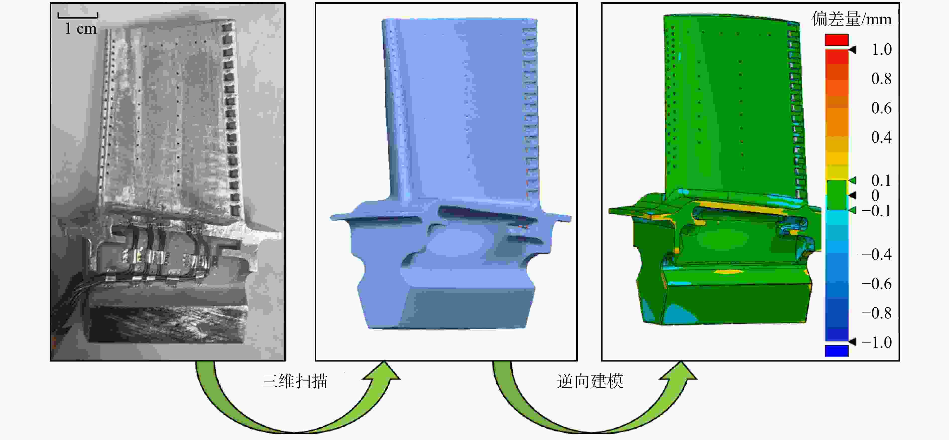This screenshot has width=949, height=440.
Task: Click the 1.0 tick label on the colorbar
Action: (881, 49)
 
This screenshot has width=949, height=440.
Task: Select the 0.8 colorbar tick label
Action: (881, 78)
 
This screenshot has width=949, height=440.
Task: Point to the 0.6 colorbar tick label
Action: (881, 108)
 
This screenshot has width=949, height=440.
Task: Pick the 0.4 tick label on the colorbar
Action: (881, 137)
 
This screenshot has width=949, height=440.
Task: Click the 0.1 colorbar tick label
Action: (881, 180)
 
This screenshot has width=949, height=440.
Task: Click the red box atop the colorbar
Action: (837, 40)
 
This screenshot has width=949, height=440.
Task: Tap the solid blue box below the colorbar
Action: (837, 350)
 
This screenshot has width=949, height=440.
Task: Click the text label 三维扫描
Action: (295, 381)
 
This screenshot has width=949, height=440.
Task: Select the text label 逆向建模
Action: (590, 381)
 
